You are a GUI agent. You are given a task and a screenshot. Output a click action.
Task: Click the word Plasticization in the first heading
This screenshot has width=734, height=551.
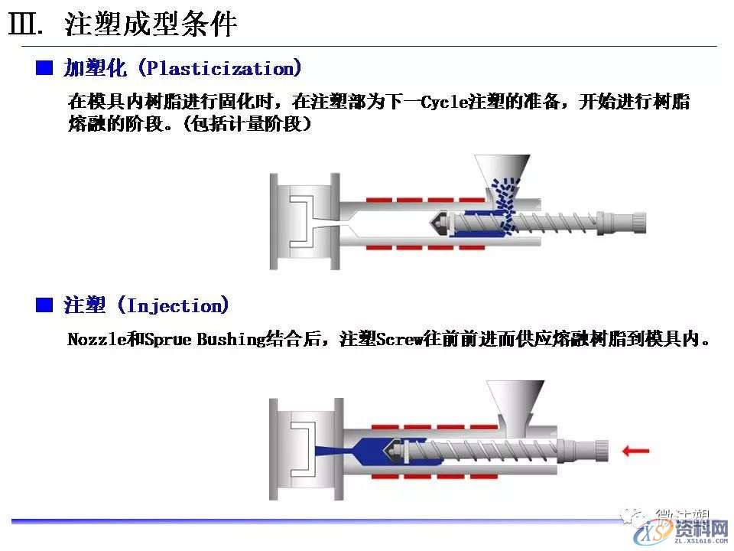[x=221, y=69]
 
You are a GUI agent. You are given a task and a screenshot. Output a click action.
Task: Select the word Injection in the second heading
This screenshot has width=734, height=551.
[x=177, y=306]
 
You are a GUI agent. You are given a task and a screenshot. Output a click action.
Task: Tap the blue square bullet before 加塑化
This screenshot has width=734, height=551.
[x=44, y=69]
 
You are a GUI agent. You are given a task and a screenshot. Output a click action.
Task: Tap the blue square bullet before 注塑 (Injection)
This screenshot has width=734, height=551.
[x=44, y=306]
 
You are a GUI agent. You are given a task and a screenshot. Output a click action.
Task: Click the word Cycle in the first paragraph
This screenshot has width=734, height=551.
[x=443, y=102]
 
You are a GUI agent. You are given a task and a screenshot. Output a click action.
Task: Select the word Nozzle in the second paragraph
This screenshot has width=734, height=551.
[x=96, y=339]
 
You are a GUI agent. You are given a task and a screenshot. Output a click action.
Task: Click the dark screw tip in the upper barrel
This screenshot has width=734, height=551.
[x=440, y=223]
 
